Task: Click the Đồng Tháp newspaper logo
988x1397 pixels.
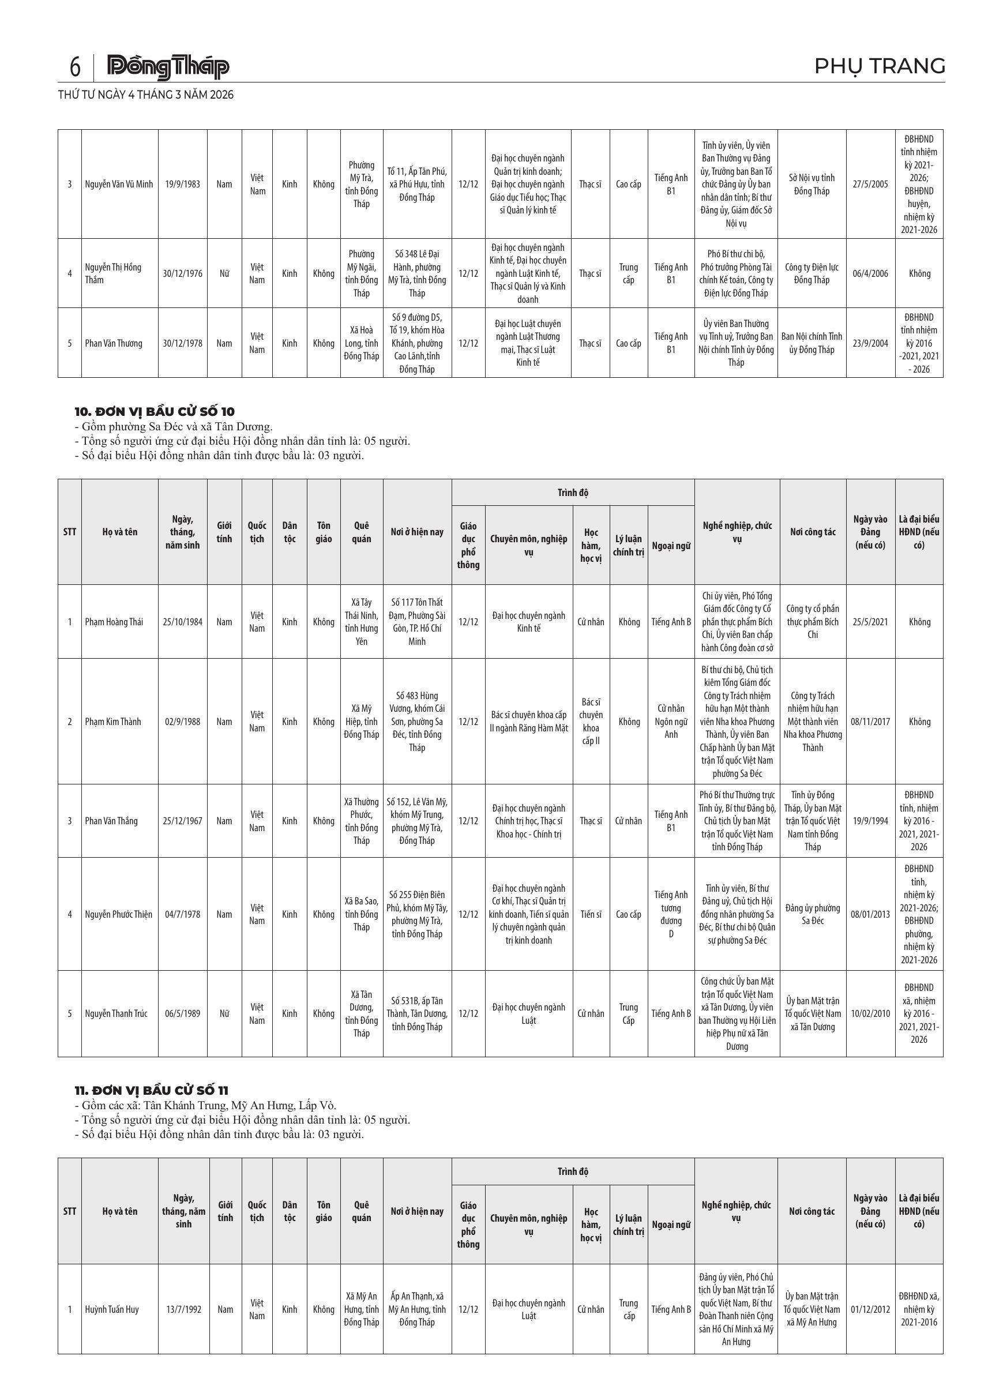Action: pos(168,67)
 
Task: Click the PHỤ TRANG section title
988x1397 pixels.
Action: pos(879,66)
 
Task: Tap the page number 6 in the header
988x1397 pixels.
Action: pos(75,67)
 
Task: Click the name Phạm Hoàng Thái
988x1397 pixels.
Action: pos(114,622)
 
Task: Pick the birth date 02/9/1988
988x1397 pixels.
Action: pos(182,722)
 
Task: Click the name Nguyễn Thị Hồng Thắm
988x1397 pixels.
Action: pos(113,273)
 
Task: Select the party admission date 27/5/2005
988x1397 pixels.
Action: pos(870,185)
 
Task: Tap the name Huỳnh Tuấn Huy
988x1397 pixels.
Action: pos(112,1309)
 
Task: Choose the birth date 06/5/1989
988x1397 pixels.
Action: pos(182,1013)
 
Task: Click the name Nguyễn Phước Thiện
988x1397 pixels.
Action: pos(119,914)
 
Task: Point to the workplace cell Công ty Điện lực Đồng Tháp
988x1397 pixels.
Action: pos(812,273)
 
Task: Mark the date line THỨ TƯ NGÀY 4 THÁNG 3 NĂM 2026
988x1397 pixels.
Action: pos(146,95)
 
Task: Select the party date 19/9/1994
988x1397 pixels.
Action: pos(870,821)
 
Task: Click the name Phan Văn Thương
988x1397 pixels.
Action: pos(113,343)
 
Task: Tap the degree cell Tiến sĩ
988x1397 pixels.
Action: pos(590,914)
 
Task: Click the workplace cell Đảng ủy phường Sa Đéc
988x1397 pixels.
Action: pos(812,914)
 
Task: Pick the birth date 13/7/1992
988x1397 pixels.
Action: pos(183,1309)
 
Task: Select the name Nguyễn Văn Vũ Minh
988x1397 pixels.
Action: pos(119,185)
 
